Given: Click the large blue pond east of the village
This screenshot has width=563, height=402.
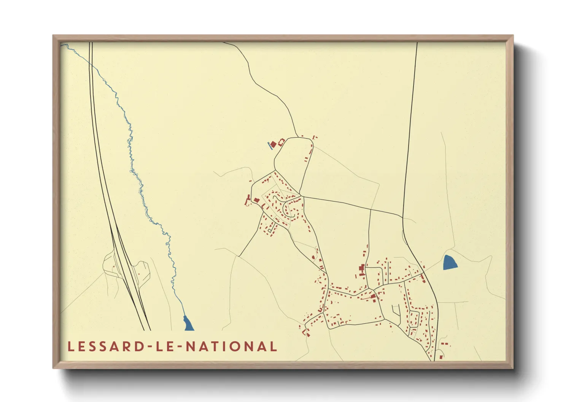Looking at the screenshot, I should point(450,263).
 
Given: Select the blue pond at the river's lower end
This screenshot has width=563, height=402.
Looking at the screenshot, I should point(188,324).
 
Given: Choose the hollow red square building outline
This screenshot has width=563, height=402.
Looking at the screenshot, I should point(281,142).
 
